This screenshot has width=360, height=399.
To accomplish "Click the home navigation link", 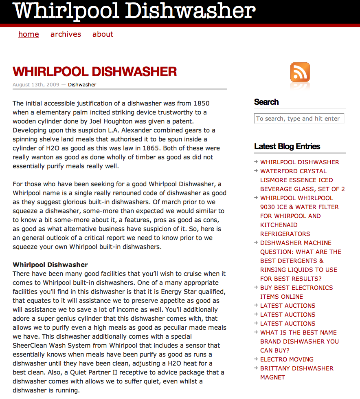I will pos(29,34).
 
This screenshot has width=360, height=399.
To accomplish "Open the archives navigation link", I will pos(66,34).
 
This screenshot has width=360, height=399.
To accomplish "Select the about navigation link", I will pos(103,34).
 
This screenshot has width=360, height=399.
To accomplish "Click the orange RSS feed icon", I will pos(300,72).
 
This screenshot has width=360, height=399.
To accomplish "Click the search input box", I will pos(299,119).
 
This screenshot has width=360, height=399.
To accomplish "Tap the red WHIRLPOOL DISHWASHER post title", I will pos(94,72).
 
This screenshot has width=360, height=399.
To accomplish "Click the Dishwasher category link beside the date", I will pos(82,85).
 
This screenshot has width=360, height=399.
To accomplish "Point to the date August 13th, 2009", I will pos(35,85).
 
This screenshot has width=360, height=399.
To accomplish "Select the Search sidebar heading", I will pos(266,102).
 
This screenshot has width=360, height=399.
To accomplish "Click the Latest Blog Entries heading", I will pos(287,146).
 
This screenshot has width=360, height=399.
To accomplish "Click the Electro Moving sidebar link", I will pos(287,359).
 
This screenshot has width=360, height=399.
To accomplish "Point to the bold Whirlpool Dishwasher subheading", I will pos(50,265).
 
